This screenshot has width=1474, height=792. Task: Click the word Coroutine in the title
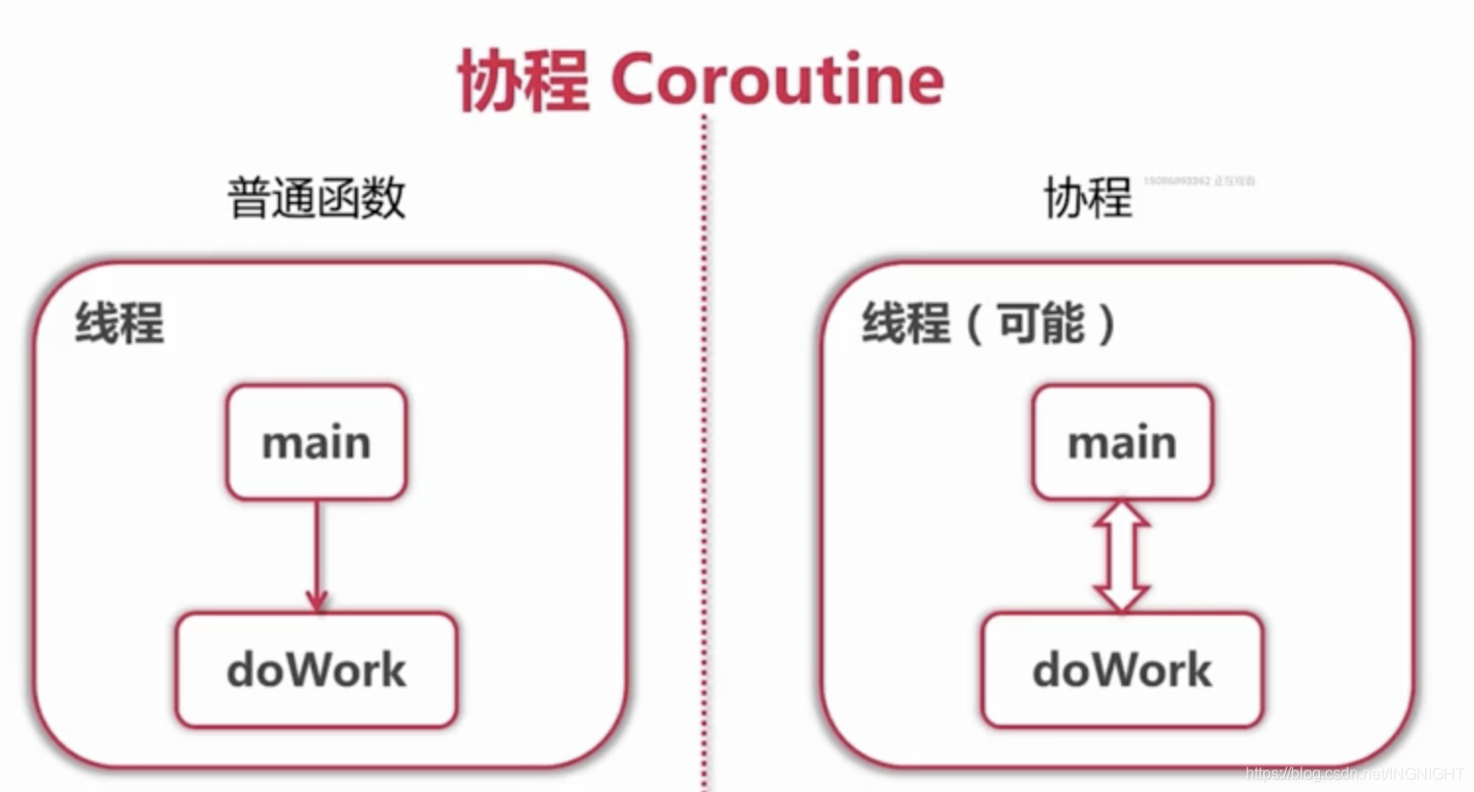[x=777, y=80]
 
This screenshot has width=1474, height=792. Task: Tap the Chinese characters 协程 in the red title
[x=523, y=81]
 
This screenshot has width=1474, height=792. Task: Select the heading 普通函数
[x=317, y=197]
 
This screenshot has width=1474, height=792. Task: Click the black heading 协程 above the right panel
[x=1088, y=197]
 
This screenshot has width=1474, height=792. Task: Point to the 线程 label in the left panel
[x=120, y=322]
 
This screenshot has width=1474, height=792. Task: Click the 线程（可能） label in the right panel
[x=989, y=322]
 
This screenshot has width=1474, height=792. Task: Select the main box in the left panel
[x=316, y=442]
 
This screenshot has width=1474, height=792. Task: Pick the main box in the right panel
[x=1122, y=442]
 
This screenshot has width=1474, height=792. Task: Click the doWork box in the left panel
[x=316, y=670]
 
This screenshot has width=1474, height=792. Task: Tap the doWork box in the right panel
[x=1122, y=670]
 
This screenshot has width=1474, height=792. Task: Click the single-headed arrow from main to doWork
[x=316, y=554]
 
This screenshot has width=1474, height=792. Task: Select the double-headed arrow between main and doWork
[x=1122, y=556]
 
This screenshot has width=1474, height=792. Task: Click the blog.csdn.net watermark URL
[x=1356, y=773]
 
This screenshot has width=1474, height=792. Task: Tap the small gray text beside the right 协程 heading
[x=1200, y=181]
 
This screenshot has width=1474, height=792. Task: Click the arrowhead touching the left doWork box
[x=316, y=600]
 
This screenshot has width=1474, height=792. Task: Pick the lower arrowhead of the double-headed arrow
[x=1122, y=596]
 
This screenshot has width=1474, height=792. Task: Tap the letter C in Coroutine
[x=638, y=81]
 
